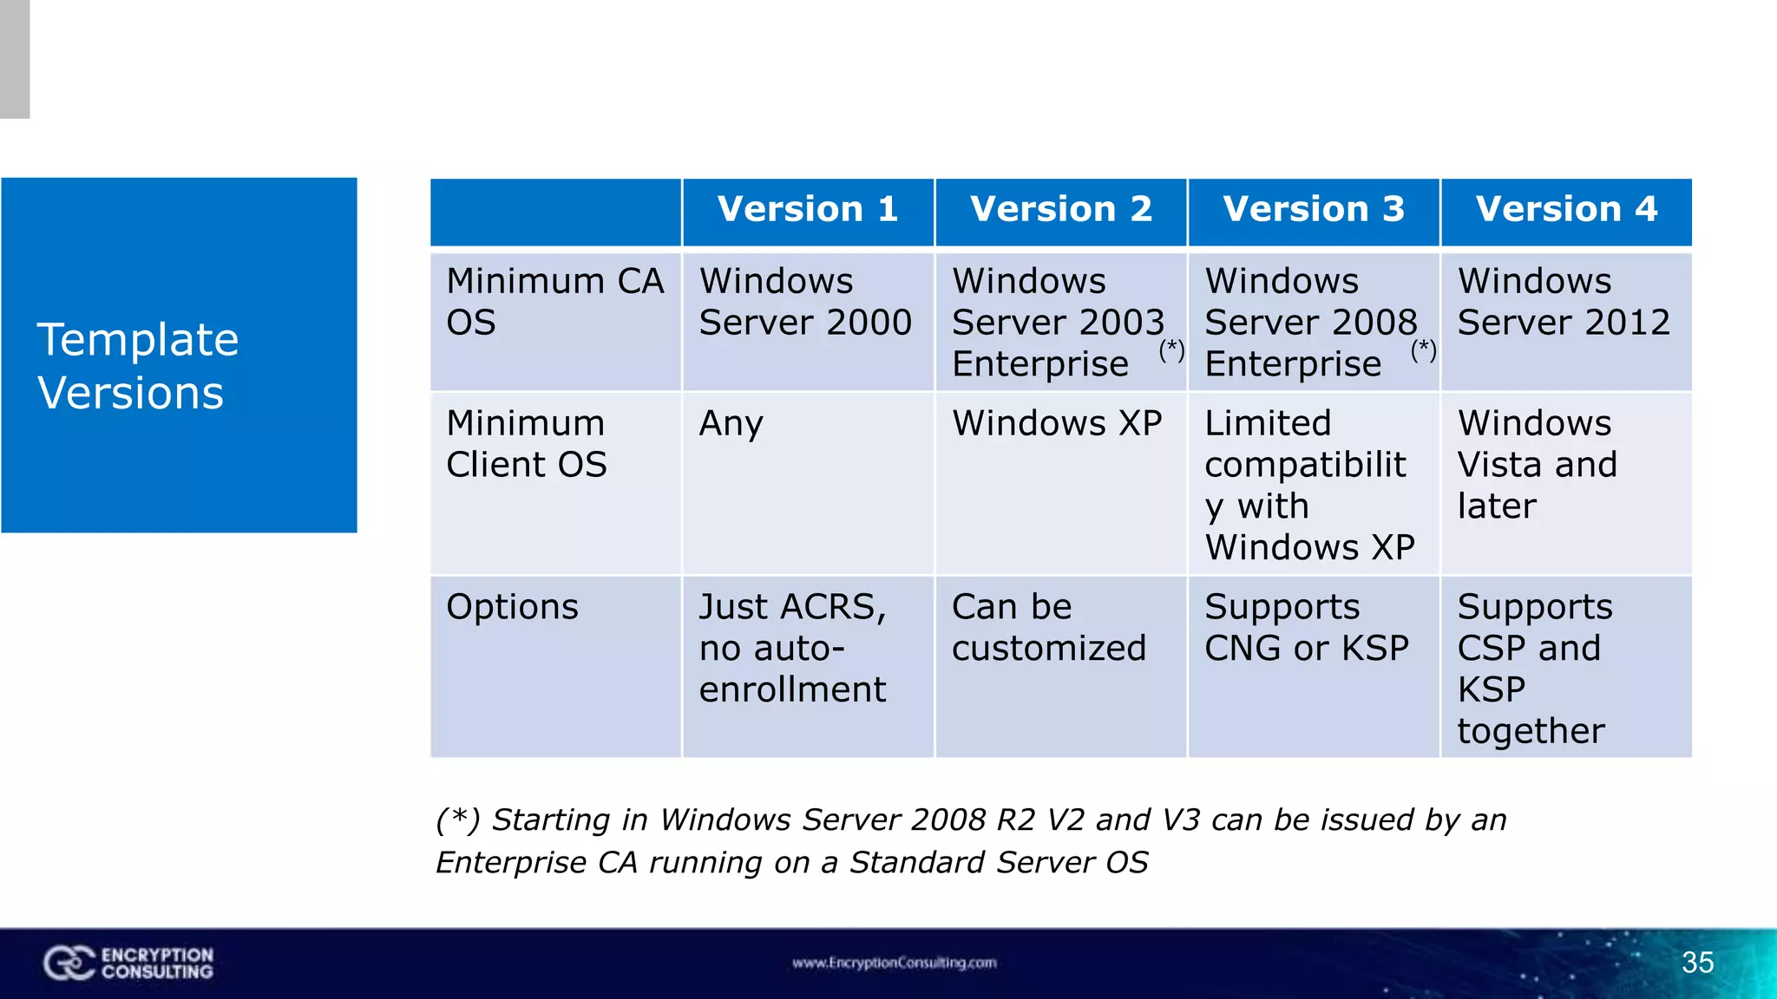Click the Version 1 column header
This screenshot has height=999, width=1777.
tap(808, 210)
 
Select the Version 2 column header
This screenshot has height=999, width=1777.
tap(1060, 210)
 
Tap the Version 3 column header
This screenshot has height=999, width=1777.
tap(1314, 210)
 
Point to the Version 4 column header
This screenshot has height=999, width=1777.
tap(1566, 210)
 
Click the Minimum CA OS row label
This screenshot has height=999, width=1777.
tap(555, 302)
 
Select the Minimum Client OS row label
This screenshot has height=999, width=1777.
tap(527, 444)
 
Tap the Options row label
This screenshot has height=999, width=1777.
tap(512, 607)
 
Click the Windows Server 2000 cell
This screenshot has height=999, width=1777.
tap(805, 302)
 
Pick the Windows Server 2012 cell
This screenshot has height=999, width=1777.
tap(1564, 302)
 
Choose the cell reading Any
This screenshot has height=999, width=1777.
tap(731, 424)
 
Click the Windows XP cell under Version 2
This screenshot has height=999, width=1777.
tap(1057, 424)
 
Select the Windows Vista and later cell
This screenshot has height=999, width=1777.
tap(1537, 465)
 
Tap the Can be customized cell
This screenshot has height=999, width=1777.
tap(1049, 628)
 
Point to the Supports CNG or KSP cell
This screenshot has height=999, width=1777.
tap(1307, 628)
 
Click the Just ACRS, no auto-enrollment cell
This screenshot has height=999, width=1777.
tap(793, 648)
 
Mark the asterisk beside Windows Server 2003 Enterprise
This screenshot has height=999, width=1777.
tap(1171, 350)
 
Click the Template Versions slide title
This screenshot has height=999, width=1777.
tap(138, 366)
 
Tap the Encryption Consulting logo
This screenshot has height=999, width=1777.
tap(128, 963)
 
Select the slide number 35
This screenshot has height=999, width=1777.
tap(1697, 963)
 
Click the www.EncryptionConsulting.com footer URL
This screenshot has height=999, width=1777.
tap(894, 963)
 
